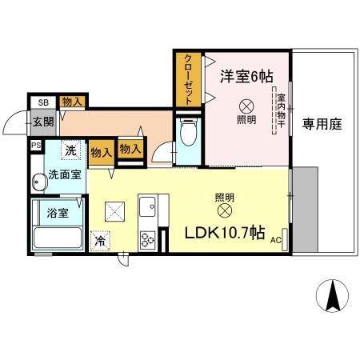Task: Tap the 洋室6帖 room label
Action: (246, 77)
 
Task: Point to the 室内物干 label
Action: (282, 113)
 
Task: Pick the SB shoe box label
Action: (42, 102)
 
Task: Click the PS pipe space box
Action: (36, 146)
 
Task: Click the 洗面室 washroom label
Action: (61, 174)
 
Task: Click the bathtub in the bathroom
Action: (58, 238)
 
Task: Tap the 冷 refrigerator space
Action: (101, 239)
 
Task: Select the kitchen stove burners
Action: (149, 239)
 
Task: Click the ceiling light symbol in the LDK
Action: (224, 210)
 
